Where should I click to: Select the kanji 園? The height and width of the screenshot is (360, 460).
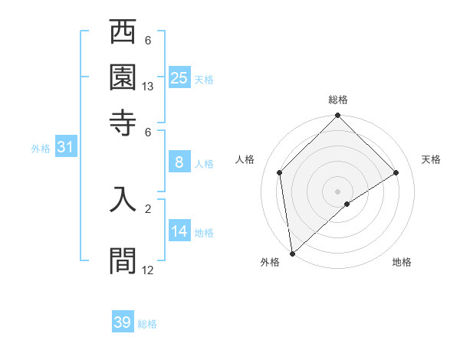pyautogui.click(x=123, y=77)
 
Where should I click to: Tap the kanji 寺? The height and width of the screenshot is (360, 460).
pyautogui.click(x=123, y=121)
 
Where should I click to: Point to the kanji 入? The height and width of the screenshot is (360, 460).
pyautogui.click(x=123, y=198)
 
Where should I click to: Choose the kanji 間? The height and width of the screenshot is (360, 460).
pyautogui.click(x=123, y=260)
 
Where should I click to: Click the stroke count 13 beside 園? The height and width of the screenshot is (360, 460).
pyautogui.click(x=148, y=87)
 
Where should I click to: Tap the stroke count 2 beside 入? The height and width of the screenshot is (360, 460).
pyautogui.click(x=148, y=208)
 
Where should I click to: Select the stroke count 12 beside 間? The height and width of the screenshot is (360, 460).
pyautogui.click(x=148, y=270)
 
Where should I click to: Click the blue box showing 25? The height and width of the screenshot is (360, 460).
pyautogui.click(x=179, y=77)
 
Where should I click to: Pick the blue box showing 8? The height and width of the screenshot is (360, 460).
pyautogui.click(x=179, y=162)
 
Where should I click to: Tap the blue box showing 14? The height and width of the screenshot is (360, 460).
pyautogui.click(x=179, y=231)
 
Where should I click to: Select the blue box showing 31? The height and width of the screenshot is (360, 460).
pyautogui.click(x=65, y=147)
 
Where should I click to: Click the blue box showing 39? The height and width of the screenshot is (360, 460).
pyautogui.click(x=123, y=322)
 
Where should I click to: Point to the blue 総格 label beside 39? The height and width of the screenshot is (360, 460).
pyautogui.click(x=147, y=324)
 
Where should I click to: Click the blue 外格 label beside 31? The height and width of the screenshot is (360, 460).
pyautogui.click(x=41, y=149)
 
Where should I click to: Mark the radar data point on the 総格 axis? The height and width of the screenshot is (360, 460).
pyautogui.click(x=338, y=117)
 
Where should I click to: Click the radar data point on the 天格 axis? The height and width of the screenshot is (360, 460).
pyautogui.click(x=396, y=172)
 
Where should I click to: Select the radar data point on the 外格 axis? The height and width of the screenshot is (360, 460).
pyautogui.click(x=292, y=253)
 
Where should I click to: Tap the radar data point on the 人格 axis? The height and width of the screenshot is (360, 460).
pyautogui.click(x=280, y=172)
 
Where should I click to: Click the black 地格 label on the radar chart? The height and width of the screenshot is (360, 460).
pyautogui.click(x=402, y=263)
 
